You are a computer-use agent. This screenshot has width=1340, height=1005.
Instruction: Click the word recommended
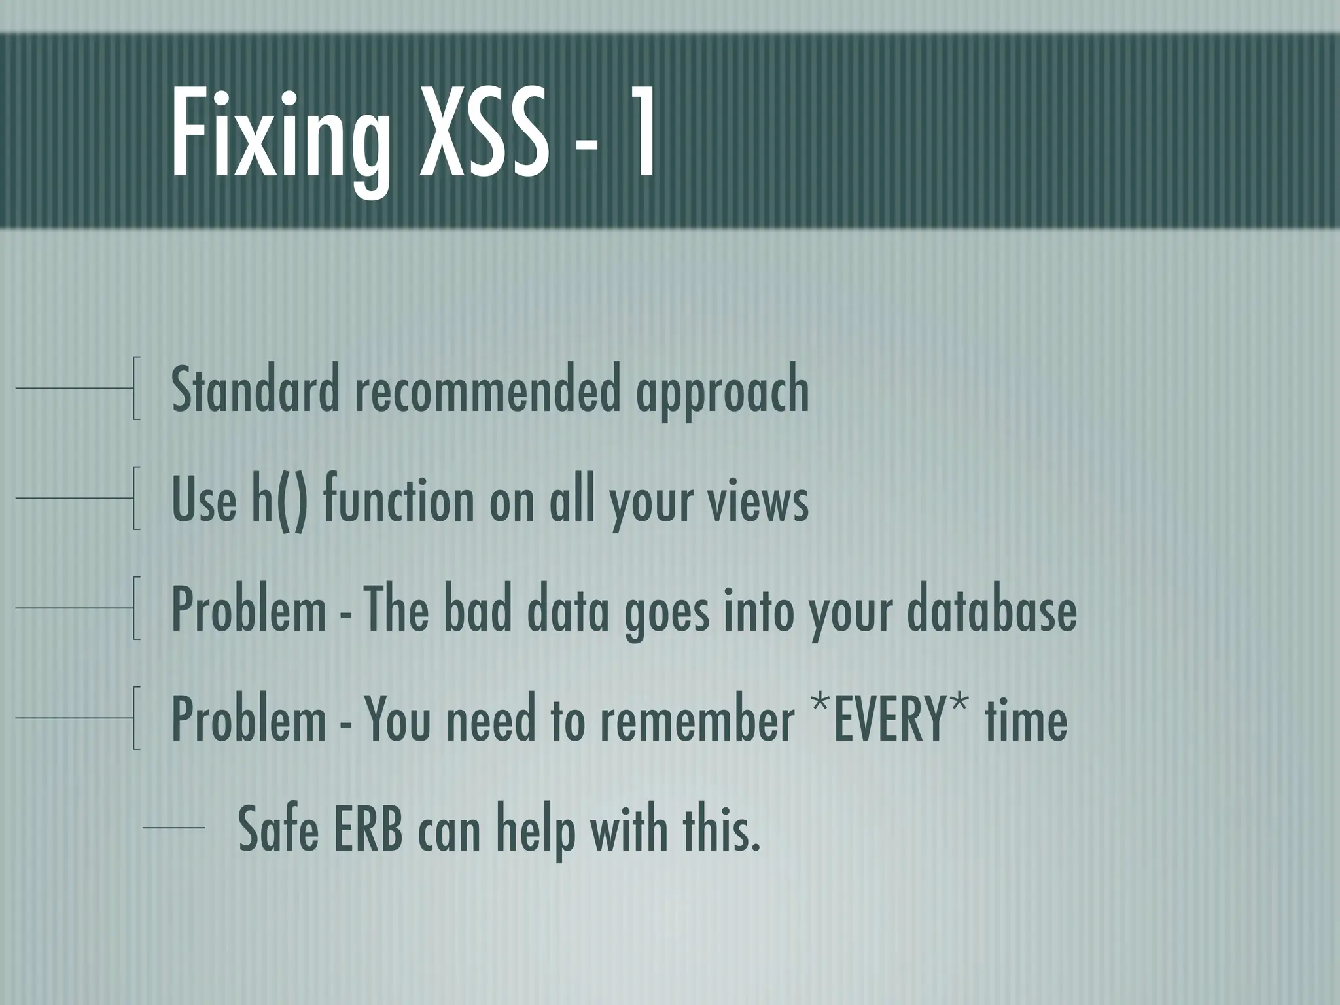click(487, 391)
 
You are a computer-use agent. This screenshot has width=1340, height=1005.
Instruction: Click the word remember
click(696, 720)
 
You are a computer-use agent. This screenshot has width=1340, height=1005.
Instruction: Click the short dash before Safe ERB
click(173, 828)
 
